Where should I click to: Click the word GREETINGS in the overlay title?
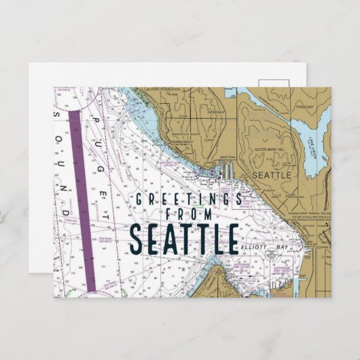tap(190, 199)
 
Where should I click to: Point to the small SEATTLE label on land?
tap(272, 175)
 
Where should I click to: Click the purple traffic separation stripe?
tap(82, 197)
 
